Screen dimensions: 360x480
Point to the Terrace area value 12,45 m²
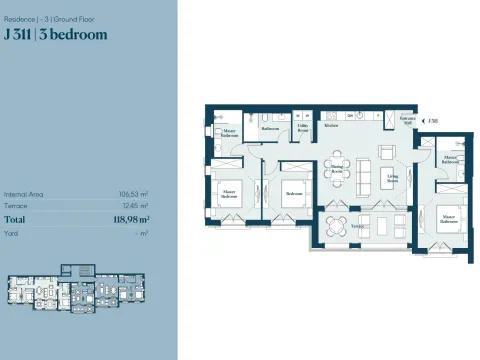(x=135, y=206)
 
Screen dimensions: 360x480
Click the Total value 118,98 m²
(x=130, y=219)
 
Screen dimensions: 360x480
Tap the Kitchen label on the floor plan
(x=331, y=127)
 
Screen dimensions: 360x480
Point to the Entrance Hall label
(x=407, y=121)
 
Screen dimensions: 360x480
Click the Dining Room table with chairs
(x=338, y=162)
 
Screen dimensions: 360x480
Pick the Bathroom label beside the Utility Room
(x=270, y=129)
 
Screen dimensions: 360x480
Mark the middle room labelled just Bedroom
(x=294, y=193)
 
